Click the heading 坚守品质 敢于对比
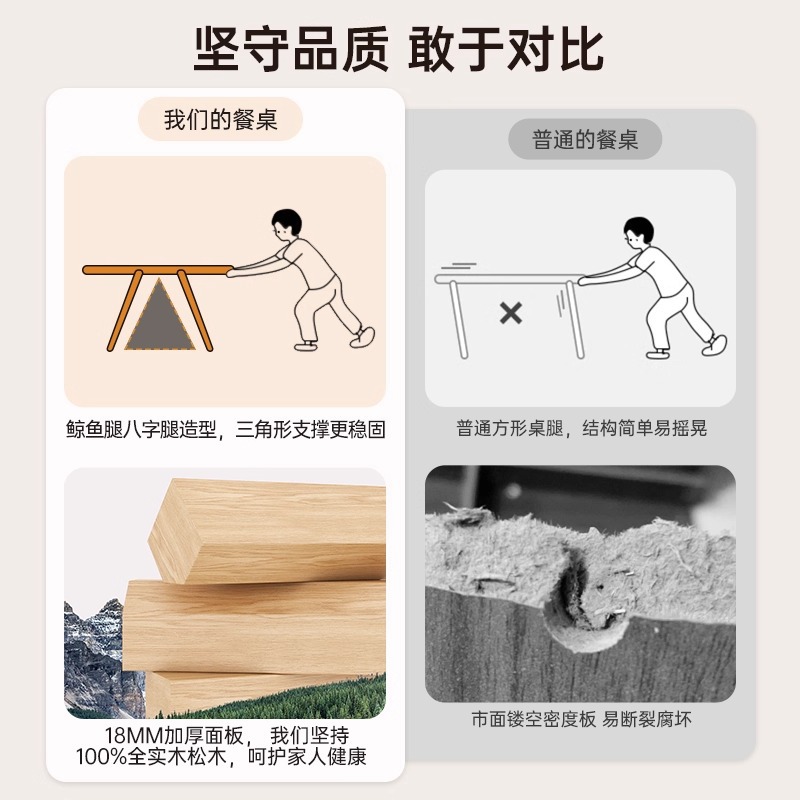click(x=399, y=49)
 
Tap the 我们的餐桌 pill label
click(x=220, y=119)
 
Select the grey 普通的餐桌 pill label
click(x=585, y=139)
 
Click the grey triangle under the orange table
click(x=160, y=315)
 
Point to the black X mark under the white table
click(x=511, y=313)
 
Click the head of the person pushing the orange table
click(x=287, y=224)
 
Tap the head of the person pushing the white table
click(x=638, y=233)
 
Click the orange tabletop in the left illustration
click(x=158, y=270)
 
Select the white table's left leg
click(x=458, y=319)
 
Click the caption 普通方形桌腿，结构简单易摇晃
click(x=582, y=428)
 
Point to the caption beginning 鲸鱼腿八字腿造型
click(x=226, y=429)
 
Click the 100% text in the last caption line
click(x=101, y=756)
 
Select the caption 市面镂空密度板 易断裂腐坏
click(x=581, y=719)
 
